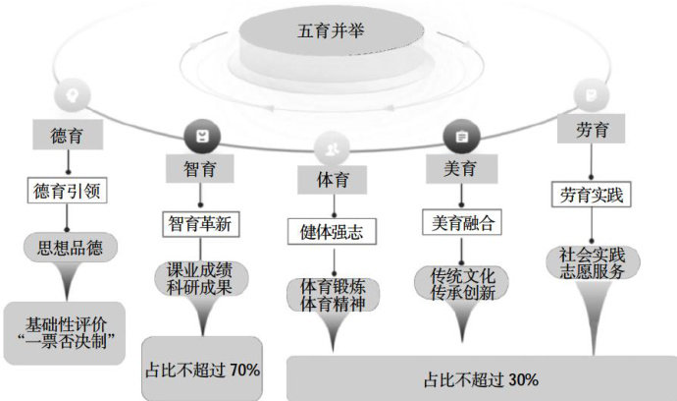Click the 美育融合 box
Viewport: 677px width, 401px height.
[459, 222]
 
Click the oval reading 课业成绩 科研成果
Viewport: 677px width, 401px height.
[199, 279]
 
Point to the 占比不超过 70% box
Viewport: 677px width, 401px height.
[203, 370]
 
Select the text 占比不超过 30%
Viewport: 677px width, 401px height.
[481, 378]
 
